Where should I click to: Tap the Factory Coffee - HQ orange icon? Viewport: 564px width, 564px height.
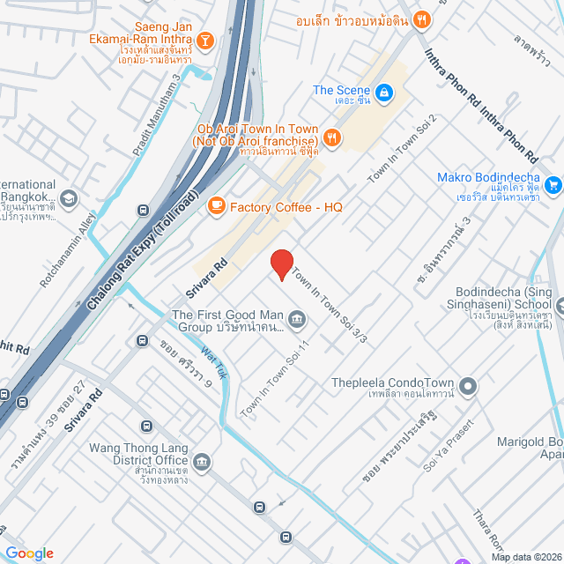tap(215, 205)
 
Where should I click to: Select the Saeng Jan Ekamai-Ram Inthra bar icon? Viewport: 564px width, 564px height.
tap(204, 40)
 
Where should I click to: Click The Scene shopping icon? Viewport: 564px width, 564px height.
tap(384, 92)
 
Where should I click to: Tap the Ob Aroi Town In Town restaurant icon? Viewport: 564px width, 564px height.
tap(331, 137)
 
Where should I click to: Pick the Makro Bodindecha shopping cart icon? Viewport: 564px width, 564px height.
tap(553, 184)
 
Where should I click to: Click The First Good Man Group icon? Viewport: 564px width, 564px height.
tap(297, 317)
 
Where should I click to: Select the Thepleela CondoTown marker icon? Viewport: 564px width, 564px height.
tap(469, 384)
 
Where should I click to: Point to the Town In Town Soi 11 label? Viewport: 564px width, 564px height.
tap(275, 380)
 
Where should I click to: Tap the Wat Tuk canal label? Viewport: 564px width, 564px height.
tap(215, 363)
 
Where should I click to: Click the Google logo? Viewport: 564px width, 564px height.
tap(29, 553)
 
